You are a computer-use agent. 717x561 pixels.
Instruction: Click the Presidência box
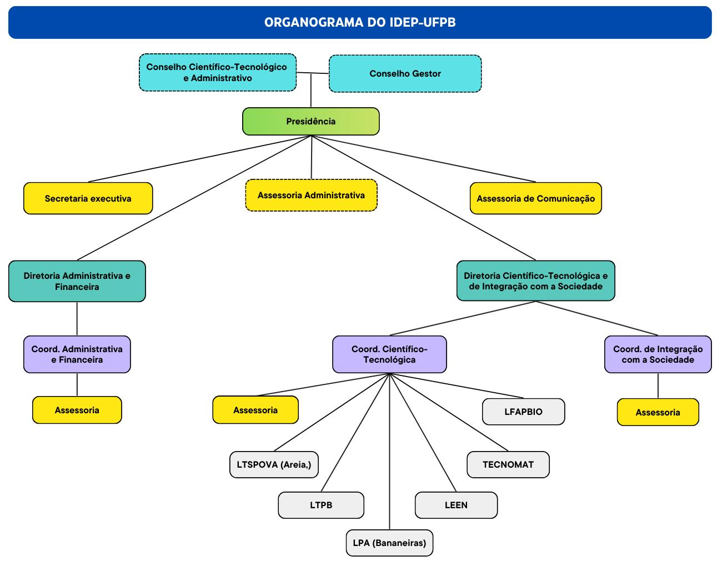310,121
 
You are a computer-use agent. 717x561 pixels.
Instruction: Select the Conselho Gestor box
405,73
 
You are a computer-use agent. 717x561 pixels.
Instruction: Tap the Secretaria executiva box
88,198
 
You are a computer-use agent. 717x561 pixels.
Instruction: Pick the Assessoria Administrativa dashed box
311,195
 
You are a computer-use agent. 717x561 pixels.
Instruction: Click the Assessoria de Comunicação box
535,198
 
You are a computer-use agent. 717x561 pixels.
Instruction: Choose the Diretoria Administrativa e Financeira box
77,281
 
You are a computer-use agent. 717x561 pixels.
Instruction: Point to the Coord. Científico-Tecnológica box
389,354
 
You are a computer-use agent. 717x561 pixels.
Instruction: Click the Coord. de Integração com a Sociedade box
658,354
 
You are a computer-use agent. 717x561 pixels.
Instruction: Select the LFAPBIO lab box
523,412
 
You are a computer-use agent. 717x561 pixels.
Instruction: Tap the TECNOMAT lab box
508,464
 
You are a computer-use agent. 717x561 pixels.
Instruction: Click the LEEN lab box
456,505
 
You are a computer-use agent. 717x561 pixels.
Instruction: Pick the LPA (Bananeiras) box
389,543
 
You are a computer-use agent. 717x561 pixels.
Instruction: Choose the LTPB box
321,505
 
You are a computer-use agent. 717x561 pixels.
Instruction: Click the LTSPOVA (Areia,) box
274,464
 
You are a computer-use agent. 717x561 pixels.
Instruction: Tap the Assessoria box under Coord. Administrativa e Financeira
77,410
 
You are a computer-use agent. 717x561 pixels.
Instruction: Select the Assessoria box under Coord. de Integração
658,412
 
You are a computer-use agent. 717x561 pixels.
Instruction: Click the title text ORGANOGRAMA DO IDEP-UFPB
360,22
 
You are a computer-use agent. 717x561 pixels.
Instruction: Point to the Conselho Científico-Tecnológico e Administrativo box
217,72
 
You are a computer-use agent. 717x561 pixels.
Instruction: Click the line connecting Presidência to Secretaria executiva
200,158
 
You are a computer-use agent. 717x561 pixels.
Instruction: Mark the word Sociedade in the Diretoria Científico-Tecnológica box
580,287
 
